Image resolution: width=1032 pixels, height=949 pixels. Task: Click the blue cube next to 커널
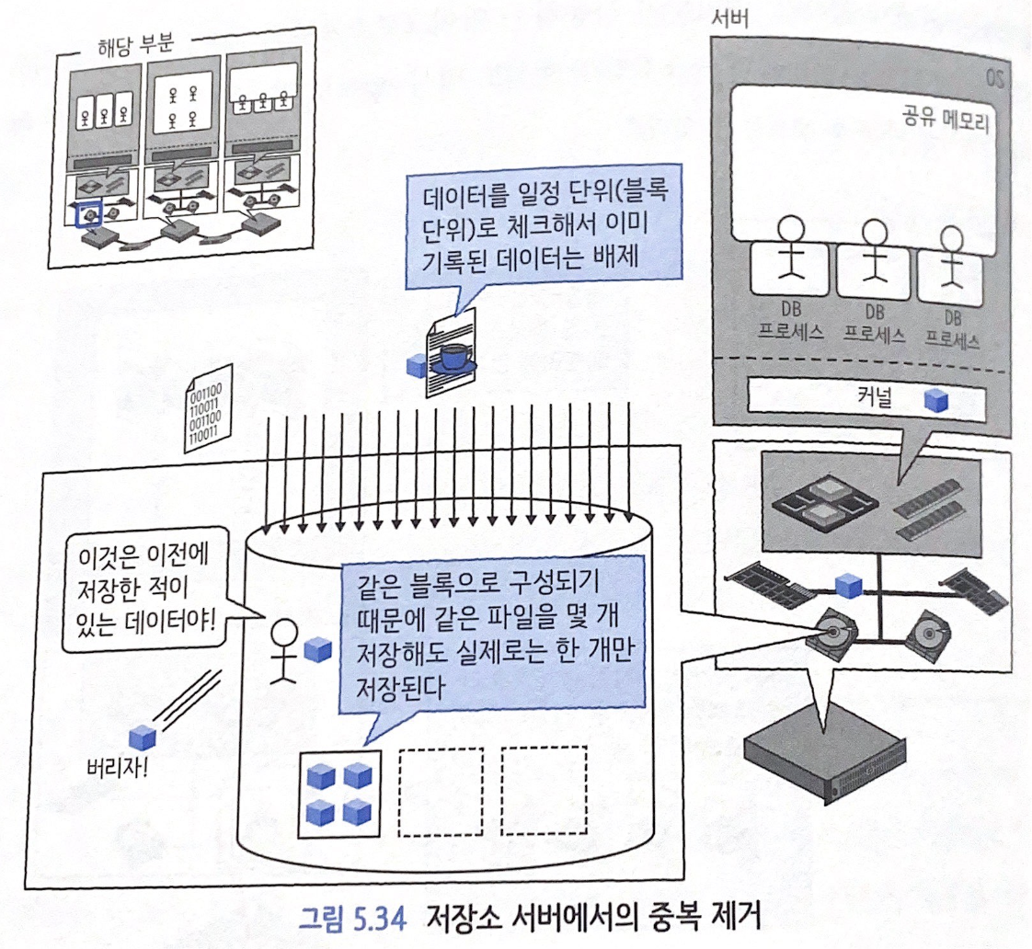pos(935,399)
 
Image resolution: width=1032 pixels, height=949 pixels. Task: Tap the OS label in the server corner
pos(992,76)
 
